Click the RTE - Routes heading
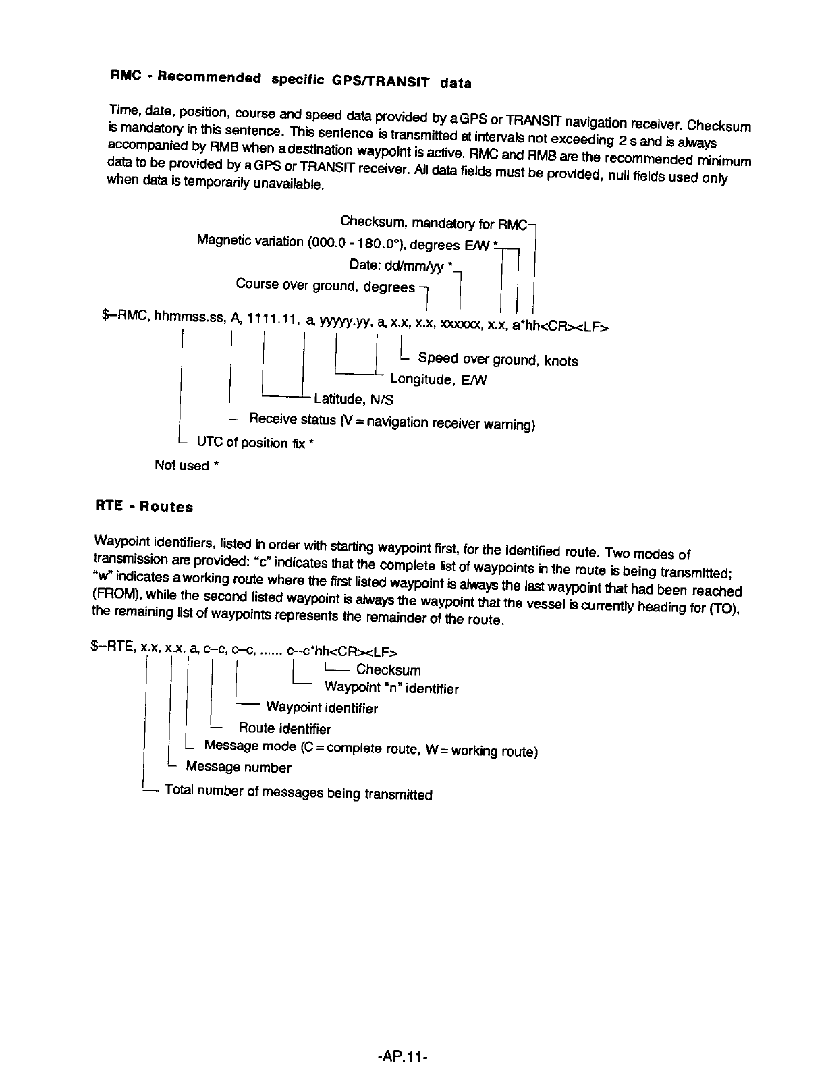tap(143, 506)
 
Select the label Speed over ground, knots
tap(498, 360)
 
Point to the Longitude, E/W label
tap(439, 380)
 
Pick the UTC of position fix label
tap(255, 443)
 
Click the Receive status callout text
tap(392, 422)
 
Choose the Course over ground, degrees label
tap(325, 285)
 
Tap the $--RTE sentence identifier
tap(113, 648)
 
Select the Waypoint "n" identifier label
tap(391, 688)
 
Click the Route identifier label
tap(285, 729)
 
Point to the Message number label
tap(238, 767)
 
